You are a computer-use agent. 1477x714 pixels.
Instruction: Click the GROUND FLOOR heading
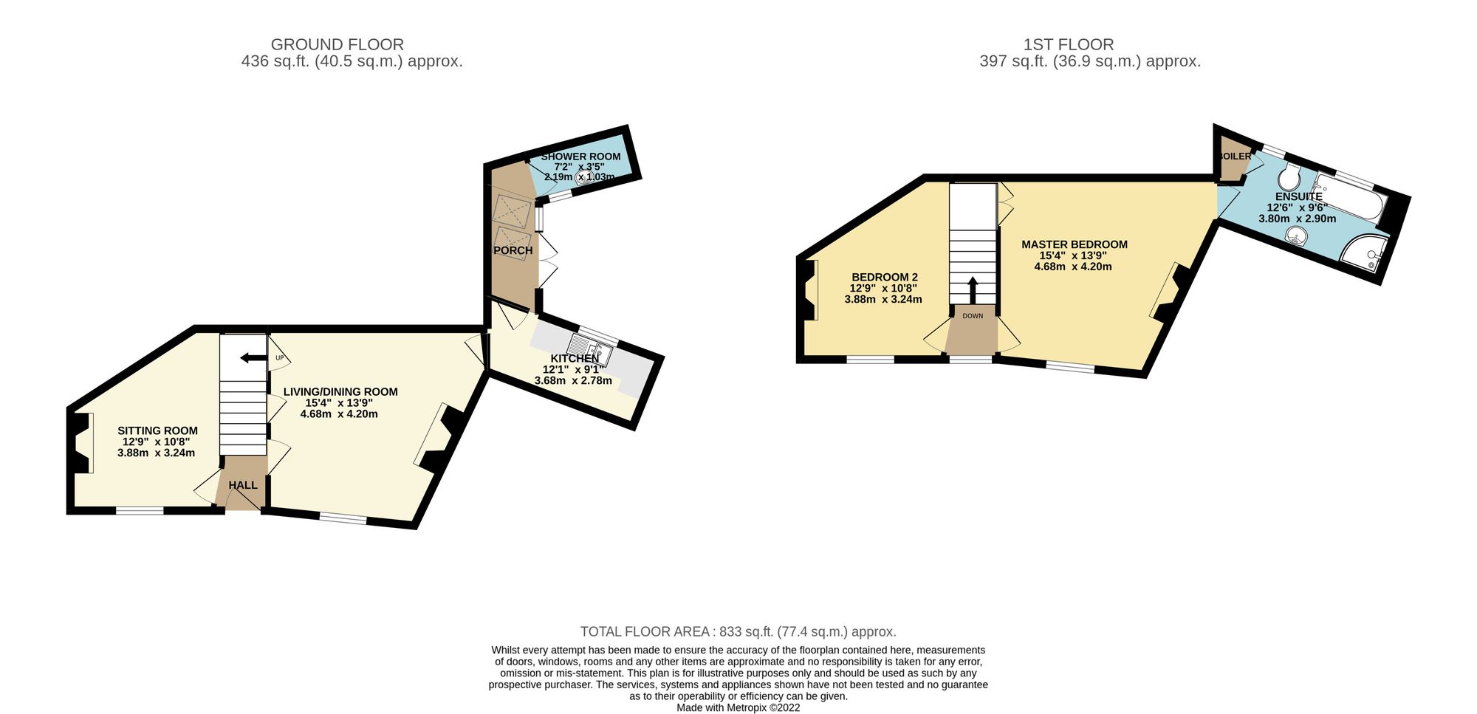[x=337, y=44]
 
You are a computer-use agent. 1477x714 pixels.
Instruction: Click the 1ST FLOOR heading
[x=1068, y=44]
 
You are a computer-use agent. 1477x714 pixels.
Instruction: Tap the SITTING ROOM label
[x=158, y=430]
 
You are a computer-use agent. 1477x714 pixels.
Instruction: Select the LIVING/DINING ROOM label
[x=340, y=392]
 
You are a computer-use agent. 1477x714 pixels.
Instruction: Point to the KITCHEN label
[x=575, y=359]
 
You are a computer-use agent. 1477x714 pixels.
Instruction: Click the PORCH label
[x=513, y=250]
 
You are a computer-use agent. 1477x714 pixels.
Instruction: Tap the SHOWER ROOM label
[x=580, y=157]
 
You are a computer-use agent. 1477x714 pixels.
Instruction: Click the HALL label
[x=243, y=485]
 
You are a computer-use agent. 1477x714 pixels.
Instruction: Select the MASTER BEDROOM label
[x=1075, y=244]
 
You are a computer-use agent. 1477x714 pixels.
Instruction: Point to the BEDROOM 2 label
[x=885, y=277]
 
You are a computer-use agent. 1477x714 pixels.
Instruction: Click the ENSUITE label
[x=1298, y=197]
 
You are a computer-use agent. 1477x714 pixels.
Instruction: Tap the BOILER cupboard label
[x=1235, y=157]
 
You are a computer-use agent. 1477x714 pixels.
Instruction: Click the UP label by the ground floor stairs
[x=279, y=358]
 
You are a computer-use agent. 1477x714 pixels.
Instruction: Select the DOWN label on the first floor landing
[x=973, y=316]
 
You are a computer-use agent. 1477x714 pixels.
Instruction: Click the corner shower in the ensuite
[x=1363, y=258]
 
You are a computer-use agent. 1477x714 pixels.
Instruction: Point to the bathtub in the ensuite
[x=1351, y=196]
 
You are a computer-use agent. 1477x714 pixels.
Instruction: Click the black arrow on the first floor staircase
[x=972, y=290]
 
